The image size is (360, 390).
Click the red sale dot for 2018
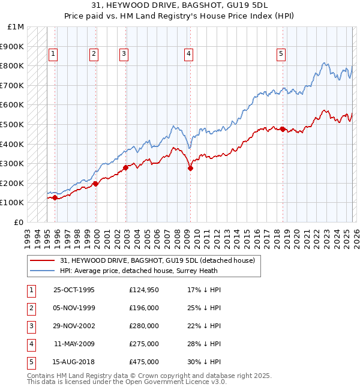click(283, 129)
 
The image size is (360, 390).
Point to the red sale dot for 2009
click(190, 169)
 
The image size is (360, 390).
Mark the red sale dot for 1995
click(55, 197)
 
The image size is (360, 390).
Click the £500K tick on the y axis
click(12, 124)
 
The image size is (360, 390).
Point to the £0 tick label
click(19, 222)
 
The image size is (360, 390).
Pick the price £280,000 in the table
click(144, 326)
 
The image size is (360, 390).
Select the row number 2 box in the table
click(30, 308)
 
